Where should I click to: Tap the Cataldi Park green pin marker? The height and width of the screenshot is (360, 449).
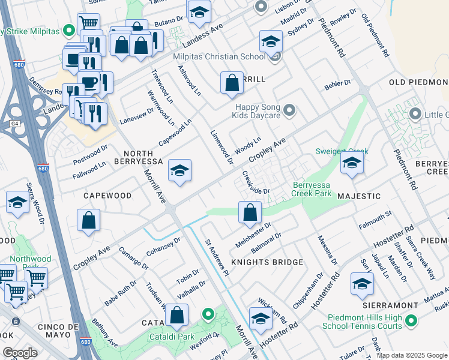pos(208,314)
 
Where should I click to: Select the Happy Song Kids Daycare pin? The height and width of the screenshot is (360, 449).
pos(290,110)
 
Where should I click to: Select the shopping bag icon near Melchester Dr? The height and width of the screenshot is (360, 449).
pos(250,212)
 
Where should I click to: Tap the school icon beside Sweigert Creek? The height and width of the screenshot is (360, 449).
pos(352,163)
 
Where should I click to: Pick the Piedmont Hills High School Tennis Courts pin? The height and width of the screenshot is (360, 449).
pos(411,322)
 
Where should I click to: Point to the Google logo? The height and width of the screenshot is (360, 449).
pos(19,352)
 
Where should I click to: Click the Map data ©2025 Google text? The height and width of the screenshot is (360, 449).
pos(412,355)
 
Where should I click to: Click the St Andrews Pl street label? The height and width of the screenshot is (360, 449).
pos(217,257)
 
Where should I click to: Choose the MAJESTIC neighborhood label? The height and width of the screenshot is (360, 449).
pos(359,196)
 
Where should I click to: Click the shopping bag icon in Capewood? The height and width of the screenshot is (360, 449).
pos(89,220)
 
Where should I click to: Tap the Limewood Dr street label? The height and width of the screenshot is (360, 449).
pos(221,147)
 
